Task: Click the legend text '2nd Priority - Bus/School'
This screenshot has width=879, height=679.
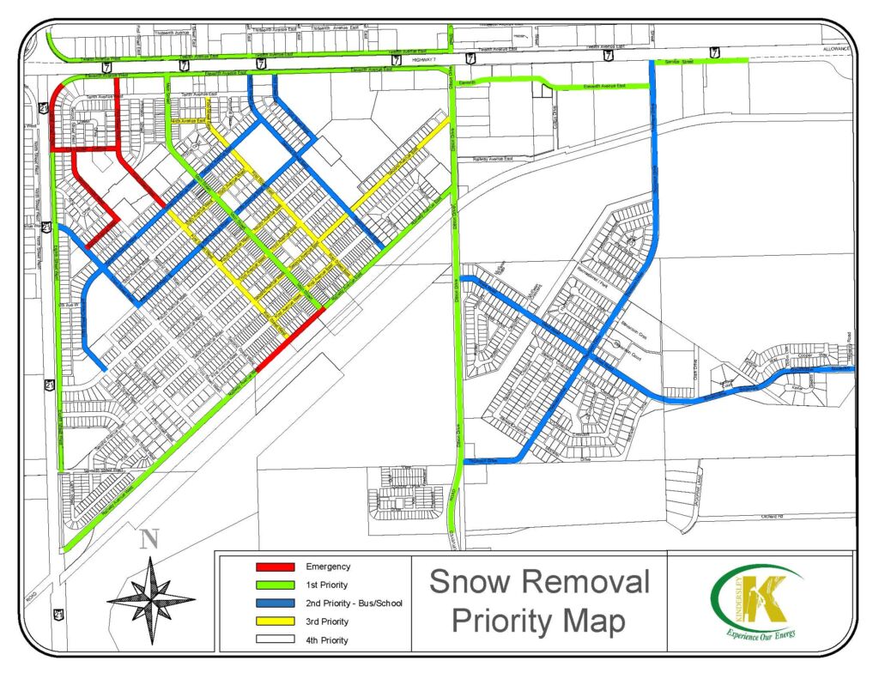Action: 354,603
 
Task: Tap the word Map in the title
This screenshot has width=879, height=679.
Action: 596,621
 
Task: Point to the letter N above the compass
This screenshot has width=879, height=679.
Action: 150,539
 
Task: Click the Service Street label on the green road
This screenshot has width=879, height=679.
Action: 681,61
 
